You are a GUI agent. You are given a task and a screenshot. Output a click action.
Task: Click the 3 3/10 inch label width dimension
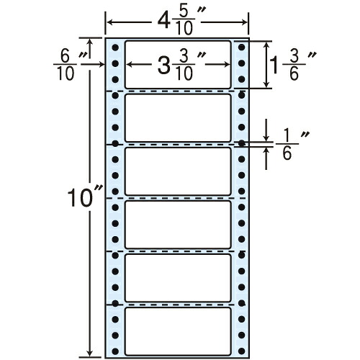(178, 65)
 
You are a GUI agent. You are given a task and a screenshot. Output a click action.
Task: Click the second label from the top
(178, 118)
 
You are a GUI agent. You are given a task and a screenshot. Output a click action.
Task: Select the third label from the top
(178, 171)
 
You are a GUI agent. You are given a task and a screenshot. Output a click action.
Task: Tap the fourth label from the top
(178, 225)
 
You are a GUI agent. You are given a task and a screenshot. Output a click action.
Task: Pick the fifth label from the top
(178, 278)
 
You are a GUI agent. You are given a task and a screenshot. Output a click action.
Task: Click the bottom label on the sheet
(178, 331)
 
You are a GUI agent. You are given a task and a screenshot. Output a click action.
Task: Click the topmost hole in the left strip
(115, 48)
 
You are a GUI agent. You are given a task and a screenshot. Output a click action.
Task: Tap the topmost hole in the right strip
(242, 48)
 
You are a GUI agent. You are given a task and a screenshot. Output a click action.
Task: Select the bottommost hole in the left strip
(115, 351)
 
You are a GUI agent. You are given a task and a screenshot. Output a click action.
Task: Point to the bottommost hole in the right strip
(242, 351)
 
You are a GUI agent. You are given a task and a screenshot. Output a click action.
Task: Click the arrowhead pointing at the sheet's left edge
(102, 64)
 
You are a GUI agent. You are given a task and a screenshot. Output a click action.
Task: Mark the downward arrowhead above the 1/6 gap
(266, 138)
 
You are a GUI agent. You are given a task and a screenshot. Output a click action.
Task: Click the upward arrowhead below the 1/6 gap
(266, 150)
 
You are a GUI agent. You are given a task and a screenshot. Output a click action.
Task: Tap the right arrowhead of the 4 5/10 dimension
(244, 22)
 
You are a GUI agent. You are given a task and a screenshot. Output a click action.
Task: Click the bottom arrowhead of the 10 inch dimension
(90, 354)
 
